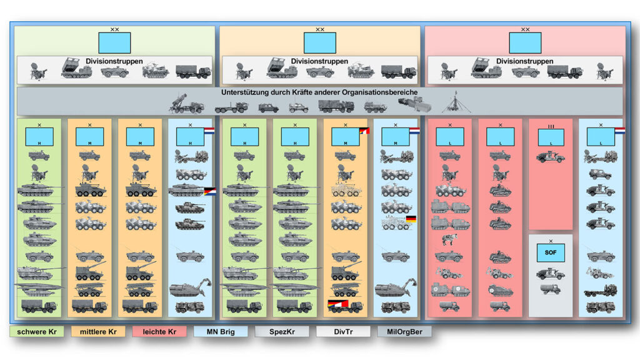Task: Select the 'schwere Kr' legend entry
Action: [x=36, y=331]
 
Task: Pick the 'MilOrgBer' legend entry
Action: [x=404, y=331]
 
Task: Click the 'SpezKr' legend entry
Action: [x=282, y=331]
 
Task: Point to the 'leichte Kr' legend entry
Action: [x=159, y=331]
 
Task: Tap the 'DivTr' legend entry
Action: [x=342, y=331]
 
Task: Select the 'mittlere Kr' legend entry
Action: [x=97, y=331]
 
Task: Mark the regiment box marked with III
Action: [x=551, y=137]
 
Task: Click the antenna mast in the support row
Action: [x=456, y=103]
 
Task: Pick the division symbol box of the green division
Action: [x=114, y=42]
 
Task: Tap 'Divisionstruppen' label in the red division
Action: [x=524, y=61]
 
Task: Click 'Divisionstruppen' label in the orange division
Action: [x=319, y=61]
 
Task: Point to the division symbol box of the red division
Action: [x=524, y=42]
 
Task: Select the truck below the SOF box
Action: [x=551, y=289]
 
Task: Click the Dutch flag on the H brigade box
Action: [x=209, y=131]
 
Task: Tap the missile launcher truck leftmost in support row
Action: [x=186, y=104]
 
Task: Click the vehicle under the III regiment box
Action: [x=551, y=157]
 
